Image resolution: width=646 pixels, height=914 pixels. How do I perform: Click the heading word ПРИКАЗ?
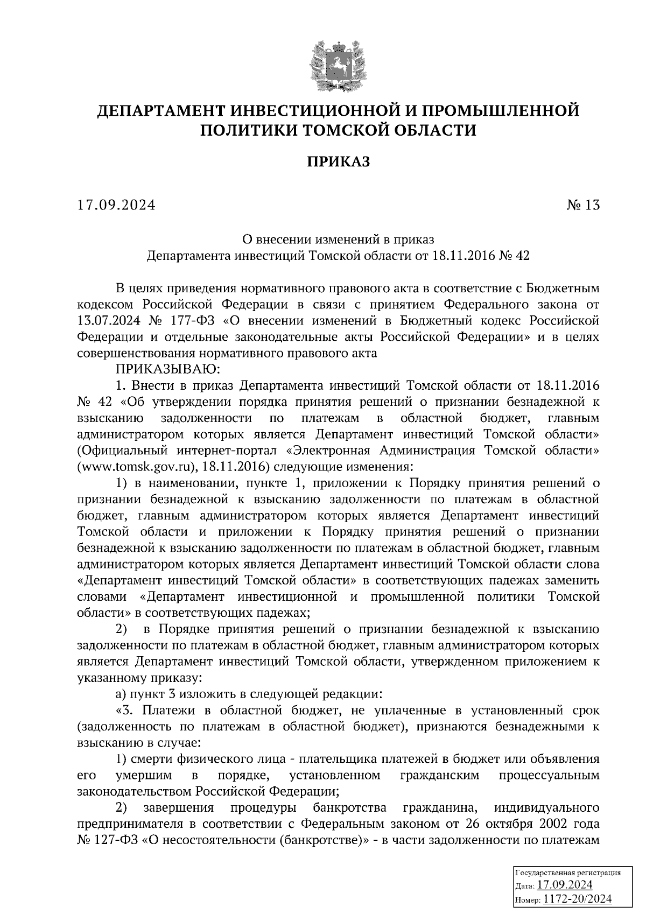pyautogui.click(x=339, y=161)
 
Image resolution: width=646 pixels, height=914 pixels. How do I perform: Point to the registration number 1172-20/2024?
pyautogui.click(x=578, y=898)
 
